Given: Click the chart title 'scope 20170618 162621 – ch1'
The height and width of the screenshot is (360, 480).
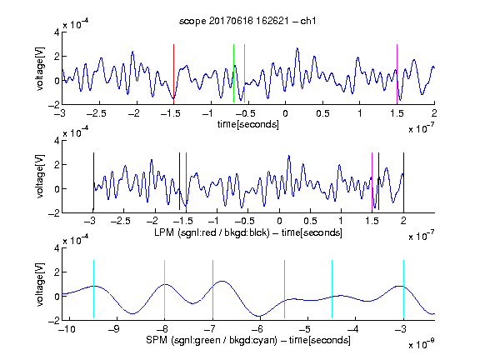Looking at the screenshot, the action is coord(247,21).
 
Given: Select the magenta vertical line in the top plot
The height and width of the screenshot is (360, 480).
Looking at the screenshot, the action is coord(397,73).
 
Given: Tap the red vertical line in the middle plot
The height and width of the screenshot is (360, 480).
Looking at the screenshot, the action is coord(186,182).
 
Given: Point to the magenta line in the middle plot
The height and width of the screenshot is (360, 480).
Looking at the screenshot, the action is coord(372,182).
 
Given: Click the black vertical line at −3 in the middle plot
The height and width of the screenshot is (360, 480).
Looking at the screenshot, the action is coord(93,182).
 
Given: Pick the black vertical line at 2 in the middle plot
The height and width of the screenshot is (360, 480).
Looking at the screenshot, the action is coord(403,182).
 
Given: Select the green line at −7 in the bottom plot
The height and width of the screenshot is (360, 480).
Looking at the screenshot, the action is coord(212,289).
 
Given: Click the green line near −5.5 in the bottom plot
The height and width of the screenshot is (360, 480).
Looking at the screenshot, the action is coord(284,289).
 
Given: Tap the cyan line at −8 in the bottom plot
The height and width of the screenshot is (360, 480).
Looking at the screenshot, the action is coord(164,289).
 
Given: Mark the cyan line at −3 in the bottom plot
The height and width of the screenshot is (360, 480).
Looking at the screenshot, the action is coord(403,289).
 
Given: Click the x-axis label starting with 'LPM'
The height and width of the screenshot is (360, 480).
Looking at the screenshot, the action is coord(248,232).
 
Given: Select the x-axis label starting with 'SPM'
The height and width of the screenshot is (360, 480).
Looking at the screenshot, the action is coord(248,340).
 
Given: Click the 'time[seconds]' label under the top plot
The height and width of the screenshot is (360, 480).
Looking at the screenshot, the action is coord(248,124).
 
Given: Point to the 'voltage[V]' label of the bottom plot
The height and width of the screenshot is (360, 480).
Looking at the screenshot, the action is coord(40,284).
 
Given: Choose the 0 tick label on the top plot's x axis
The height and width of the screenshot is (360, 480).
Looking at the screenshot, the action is coord(285,113).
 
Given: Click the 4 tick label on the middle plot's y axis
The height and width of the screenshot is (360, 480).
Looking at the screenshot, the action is coord(57,141).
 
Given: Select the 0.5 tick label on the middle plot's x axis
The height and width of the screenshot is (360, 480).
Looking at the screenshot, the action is coord(310,222).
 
